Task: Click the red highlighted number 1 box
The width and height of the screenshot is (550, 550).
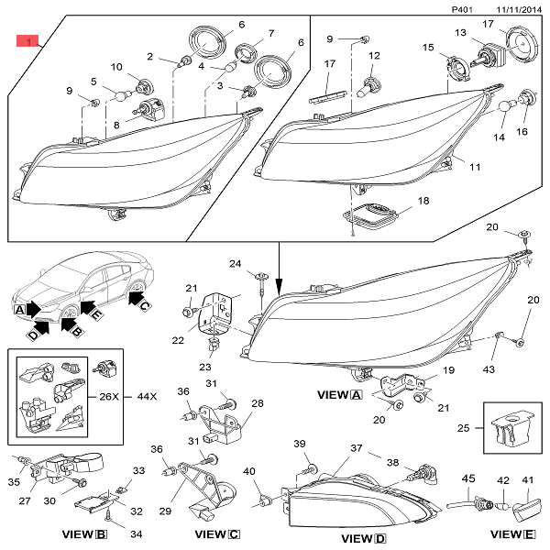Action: (27, 41)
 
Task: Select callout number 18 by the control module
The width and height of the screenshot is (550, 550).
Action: (423, 200)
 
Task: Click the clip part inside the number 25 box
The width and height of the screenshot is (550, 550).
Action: (507, 427)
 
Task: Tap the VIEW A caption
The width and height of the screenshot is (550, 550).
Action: (338, 395)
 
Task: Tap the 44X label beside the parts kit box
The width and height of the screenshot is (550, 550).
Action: (146, 397)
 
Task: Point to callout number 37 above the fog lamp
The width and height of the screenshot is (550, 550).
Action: (357, 448)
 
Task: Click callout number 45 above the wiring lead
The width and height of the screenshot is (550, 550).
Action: (467, 478)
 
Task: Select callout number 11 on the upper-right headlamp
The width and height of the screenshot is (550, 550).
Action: (475, 168)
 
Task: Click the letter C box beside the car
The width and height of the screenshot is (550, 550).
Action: (144, 303)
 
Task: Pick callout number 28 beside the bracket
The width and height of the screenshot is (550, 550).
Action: (257, 403)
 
